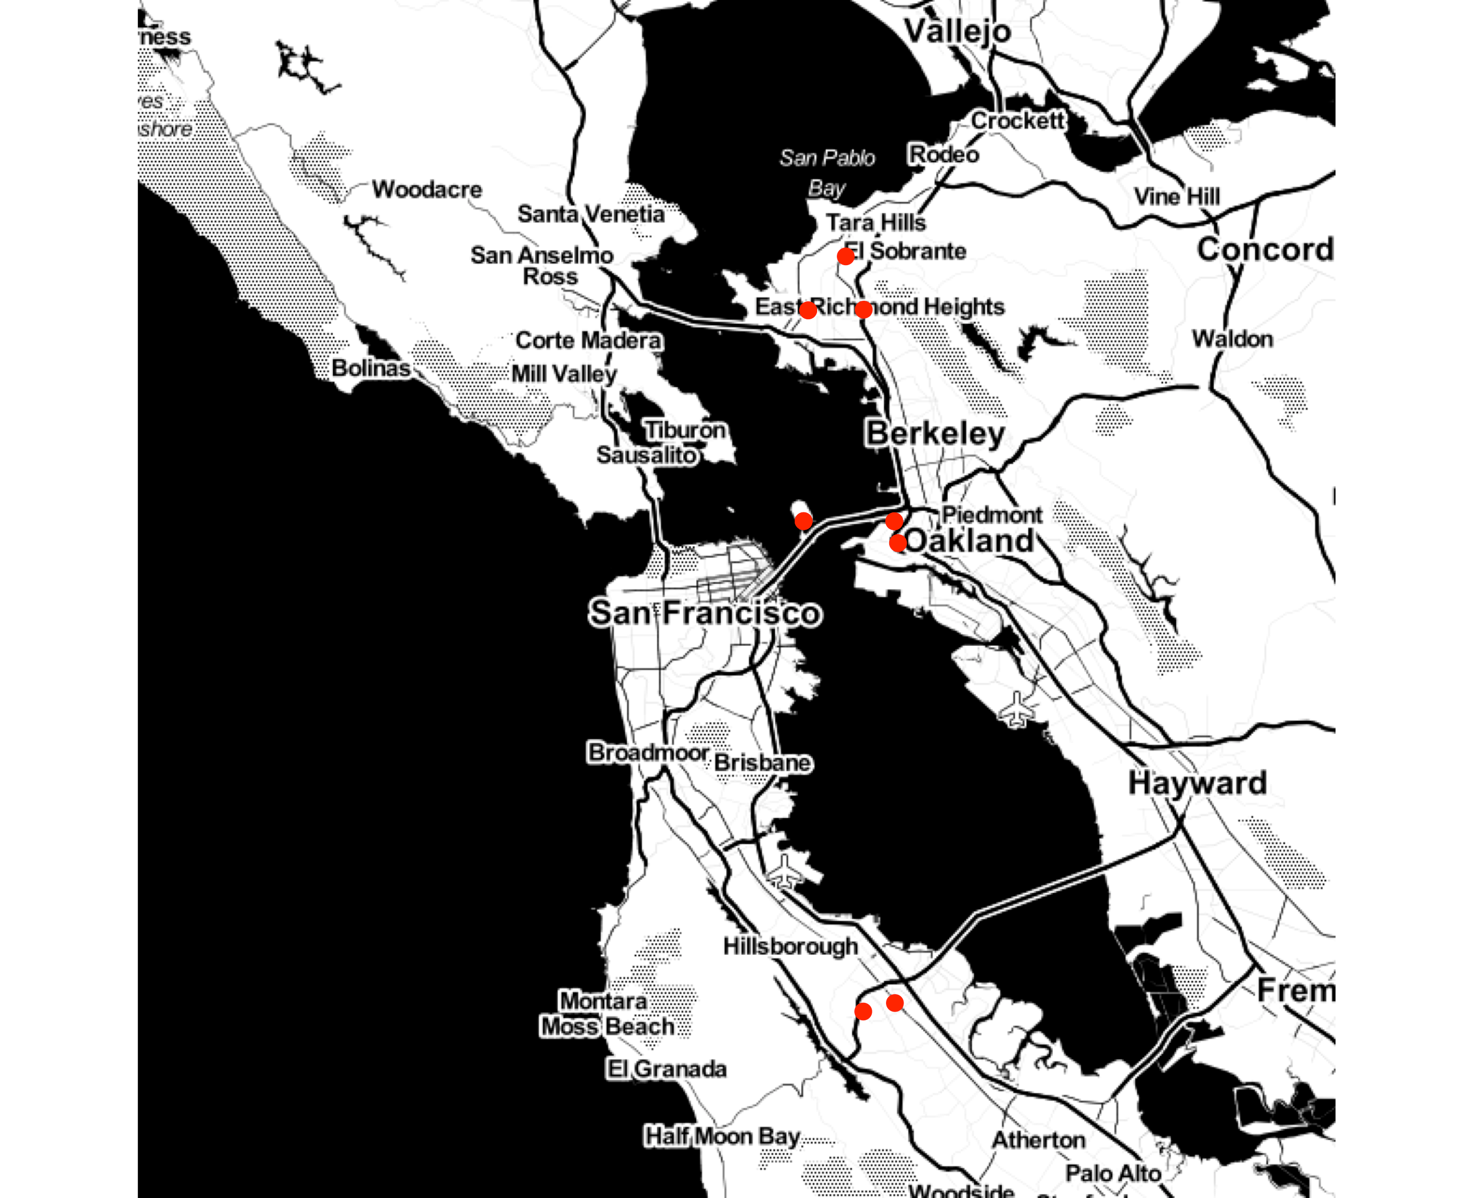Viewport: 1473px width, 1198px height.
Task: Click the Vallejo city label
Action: (957, 31)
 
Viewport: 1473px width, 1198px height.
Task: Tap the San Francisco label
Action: (705, 613)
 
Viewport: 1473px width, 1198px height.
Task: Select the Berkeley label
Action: (935, 434)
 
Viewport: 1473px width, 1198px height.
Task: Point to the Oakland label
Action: (970, 540)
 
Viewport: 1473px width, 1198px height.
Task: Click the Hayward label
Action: (1197, 783)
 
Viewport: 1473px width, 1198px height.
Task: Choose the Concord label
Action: (1265, 250)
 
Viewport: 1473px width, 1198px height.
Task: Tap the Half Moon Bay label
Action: (721, 1136)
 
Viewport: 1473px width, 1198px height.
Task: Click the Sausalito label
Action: (647, 455)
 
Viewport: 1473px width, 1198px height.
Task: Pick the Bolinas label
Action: (371, 368)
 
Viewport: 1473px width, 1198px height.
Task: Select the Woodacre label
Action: (427, 189)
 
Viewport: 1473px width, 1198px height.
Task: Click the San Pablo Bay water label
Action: (827, 173)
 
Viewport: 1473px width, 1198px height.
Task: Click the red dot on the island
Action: (803, 521)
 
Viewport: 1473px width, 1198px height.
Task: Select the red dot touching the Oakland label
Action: (897, 543)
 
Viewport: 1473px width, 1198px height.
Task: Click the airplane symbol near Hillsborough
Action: (784, 872)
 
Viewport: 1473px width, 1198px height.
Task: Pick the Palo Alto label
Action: (1113, 1173)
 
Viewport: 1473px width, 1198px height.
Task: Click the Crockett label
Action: (1018, 121)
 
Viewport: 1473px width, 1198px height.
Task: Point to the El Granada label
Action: (666, 1069)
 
